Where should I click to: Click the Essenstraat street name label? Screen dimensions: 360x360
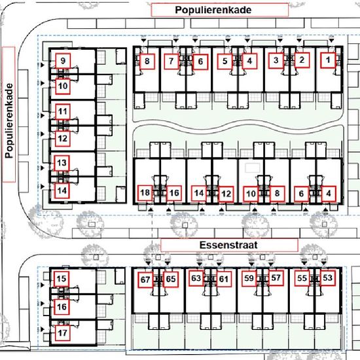(229, 245)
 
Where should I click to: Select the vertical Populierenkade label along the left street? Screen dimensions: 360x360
(9, 121)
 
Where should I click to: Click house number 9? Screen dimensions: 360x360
(63, 61)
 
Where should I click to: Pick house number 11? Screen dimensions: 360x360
(63, 112)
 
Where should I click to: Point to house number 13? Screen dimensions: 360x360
(62, 163)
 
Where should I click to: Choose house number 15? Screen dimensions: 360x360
(62, 279)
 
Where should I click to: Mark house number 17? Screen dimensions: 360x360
(62, 333)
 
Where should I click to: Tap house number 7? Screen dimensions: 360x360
(171, 62)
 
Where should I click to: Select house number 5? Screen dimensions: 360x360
(225, 62)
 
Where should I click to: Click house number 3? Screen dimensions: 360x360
(276, 60)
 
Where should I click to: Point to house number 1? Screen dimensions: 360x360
(328, 60)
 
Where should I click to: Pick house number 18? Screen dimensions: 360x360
(145, 192)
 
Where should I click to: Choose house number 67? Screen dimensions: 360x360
(145, 279)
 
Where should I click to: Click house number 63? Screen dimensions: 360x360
(196, 278)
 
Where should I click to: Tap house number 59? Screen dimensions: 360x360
(249, 278)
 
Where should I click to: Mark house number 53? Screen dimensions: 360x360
(328, 278)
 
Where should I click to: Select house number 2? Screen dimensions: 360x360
(302, 60)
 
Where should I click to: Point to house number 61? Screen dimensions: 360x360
(224, 279)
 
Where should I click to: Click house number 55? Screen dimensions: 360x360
(302, 278)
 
